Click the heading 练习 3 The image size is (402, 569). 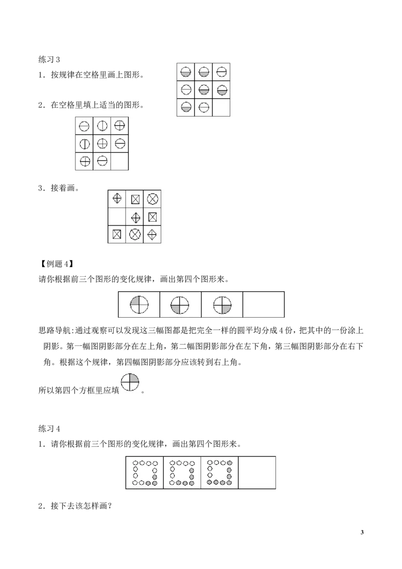[x=49, y=59]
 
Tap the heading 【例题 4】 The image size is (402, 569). [x=56, y=264]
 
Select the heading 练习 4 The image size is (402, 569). [x=49, y=429]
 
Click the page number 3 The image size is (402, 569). [x=362, y=532]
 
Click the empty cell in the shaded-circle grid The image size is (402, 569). [x=221, y=108]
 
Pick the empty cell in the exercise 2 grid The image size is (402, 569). [x=120, y=161]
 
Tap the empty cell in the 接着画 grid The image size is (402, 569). [x=117, y=217]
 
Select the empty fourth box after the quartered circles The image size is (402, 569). [x=263, y=305]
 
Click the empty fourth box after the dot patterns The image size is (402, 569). [x=257, y=472]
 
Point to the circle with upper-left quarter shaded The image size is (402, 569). [x=139, y=304]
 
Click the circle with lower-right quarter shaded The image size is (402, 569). [x=223, y=305]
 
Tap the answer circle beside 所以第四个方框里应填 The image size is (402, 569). [x=130, y=383]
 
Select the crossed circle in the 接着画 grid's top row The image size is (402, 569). [x=152, y=199]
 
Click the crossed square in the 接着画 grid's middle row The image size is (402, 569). [x=152, y=217]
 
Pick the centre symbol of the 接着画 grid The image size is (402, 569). [x=135, y=217]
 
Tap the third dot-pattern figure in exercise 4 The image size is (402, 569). [x=219, y=472]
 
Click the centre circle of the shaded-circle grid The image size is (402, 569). [x=204, y=89]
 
